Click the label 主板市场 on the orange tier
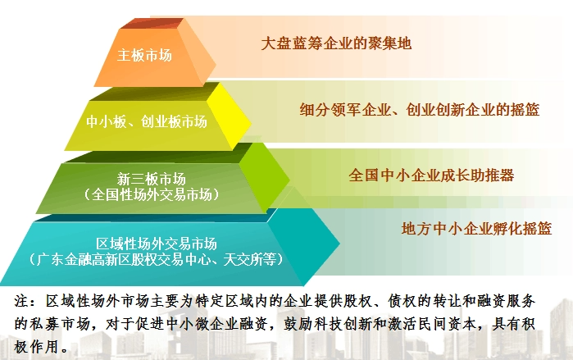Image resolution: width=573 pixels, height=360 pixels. click(x=144, y=55)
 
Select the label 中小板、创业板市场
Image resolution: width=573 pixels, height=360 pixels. click(x=147, y=121)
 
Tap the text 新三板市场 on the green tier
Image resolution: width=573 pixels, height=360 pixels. click(x=152, y=179)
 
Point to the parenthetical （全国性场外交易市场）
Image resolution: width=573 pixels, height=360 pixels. click(x=152, y=194)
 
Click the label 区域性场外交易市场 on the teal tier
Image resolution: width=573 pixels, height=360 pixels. click(x=157, y=244)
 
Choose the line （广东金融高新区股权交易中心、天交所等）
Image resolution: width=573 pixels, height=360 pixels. click(x=157, y=259)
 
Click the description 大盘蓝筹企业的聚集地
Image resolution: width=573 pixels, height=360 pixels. click(x=336, y=43)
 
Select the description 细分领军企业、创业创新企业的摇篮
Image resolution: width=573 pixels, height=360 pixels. click(x=420, y=109)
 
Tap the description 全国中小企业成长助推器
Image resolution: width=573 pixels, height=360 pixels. click(x=431, y=175)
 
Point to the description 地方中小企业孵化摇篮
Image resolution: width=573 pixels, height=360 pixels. click(x=476, y=229)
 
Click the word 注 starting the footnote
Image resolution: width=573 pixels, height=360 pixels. click(x=21, y=301)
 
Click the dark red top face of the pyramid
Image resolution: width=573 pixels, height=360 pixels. click(x=152, y=24)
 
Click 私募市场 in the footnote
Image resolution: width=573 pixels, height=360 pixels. click(x=60, y=324)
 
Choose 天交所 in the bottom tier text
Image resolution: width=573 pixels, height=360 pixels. click(x=243, y=259)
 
